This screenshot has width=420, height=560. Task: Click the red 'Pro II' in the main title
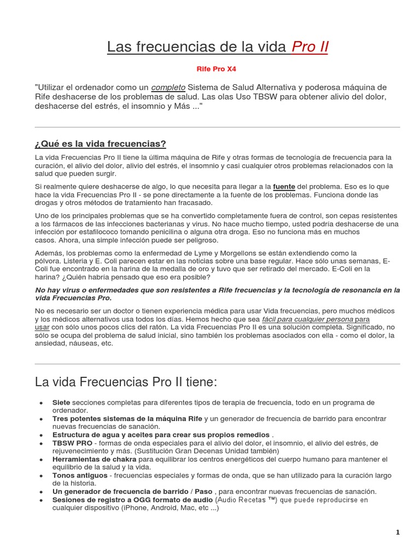pos(310,47)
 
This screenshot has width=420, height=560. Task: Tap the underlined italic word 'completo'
pos(168,87)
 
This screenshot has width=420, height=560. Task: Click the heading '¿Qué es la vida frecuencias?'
pos(100,144)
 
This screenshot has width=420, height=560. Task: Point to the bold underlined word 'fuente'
pos(283,186)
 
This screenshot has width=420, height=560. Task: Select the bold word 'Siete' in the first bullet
pos(61,402)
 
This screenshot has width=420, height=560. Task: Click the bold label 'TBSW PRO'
pos(72,443)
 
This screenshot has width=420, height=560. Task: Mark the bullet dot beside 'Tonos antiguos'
pos(42,476)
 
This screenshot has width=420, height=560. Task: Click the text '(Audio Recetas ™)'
pos(247,500)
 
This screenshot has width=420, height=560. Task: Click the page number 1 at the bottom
pos(398,532)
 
